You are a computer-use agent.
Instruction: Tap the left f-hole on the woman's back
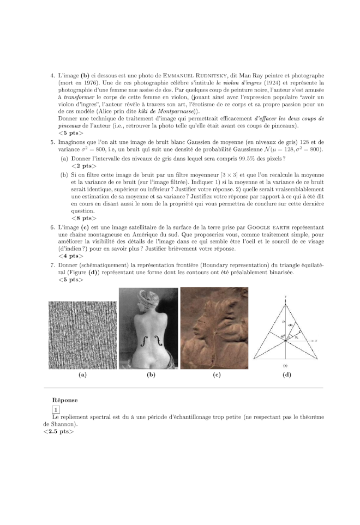pos(144,341)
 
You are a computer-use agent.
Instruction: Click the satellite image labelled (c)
pos(214,329)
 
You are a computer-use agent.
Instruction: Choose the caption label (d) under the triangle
pos(287,375)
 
